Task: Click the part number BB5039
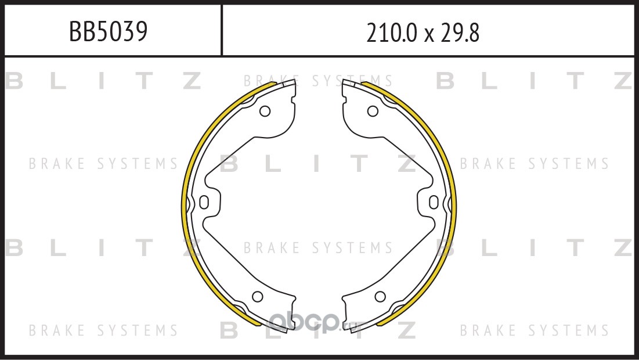tap(108, 31)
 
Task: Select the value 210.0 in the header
tap(392, 33)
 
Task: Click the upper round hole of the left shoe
tap(265, 111)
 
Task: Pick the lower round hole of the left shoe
tap(258, 296)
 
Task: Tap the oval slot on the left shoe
tap(204, 202)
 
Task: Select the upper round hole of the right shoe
tap(373, 111)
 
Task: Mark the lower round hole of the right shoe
tap(380, 296)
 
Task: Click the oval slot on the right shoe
tap(434, 202)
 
